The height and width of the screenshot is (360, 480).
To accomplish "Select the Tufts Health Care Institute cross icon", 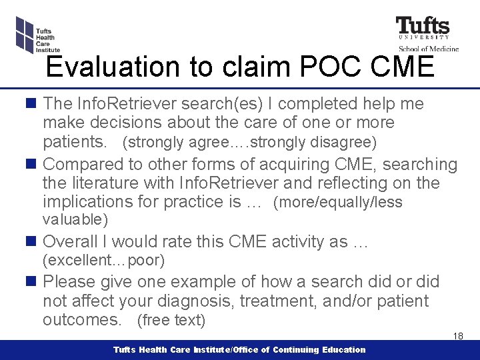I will (x=24, y=33).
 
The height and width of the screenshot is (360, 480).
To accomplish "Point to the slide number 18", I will (x=458, y=336).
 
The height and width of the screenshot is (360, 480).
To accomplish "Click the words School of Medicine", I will (x=429, y=49).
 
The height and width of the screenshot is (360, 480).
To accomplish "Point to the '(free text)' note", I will (x=171, y=321).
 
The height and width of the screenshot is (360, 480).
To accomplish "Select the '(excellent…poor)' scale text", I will (x=103, y=260).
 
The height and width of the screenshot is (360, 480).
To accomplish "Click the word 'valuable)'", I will (x=75, y=219).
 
